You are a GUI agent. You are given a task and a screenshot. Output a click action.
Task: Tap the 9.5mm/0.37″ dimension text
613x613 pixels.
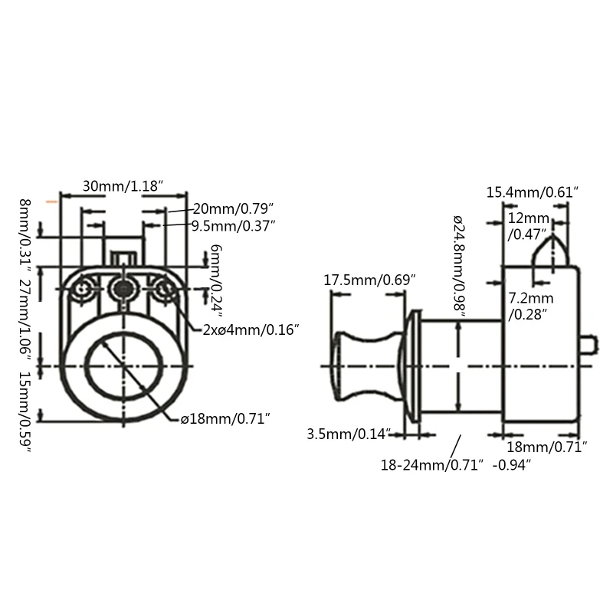click(233, 225)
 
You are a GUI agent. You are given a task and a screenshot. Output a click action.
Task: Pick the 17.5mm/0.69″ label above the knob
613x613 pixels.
click(369, 280)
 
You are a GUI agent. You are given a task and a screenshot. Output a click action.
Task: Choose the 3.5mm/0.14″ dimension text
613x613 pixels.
click(349, 434)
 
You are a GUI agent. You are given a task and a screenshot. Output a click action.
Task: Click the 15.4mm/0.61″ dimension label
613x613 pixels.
click(532, 192)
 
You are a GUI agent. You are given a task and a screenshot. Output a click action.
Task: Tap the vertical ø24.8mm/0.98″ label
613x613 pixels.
click(459, 265)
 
